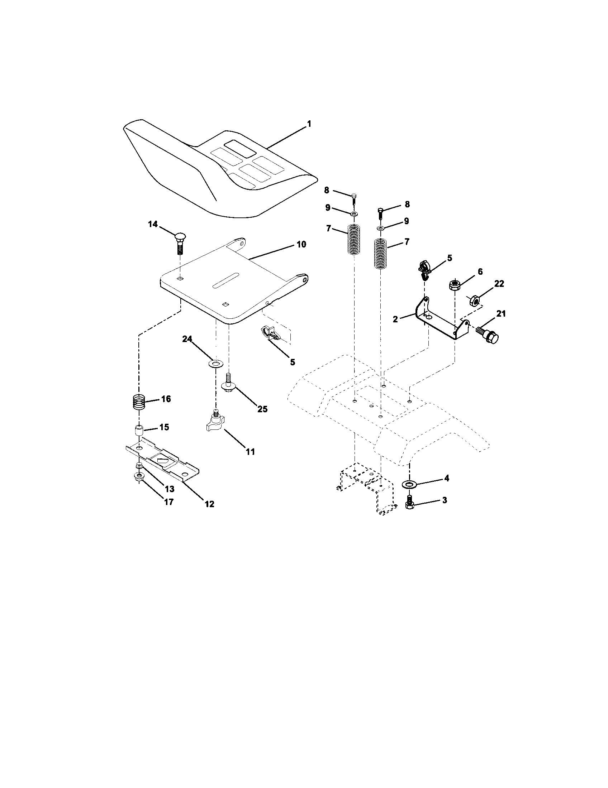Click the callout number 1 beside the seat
309,124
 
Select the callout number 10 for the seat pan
301,244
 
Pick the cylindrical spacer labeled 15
139,431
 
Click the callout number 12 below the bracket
209,504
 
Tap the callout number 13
169,489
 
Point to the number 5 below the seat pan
293,362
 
